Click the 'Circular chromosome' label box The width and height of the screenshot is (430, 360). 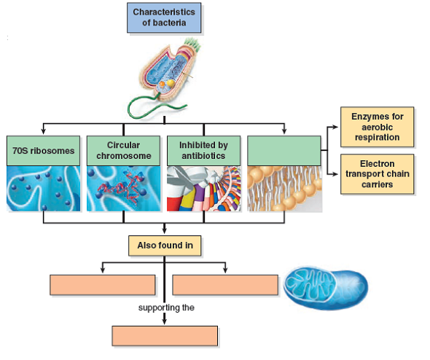[x=123, y=151]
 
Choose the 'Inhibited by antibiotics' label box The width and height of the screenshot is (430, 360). [x=203, y=151]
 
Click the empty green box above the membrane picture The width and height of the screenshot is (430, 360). [x=284, y=151]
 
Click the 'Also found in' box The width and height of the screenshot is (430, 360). [x=165, y=246]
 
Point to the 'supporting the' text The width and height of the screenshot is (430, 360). [x=166, y=308]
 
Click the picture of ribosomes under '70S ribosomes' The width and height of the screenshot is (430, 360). [x=43, y=189]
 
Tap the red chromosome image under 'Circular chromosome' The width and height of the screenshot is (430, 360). [x=123, y=189]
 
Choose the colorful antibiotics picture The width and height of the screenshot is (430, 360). [x=203, y=189]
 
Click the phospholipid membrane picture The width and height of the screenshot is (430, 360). [x=284, y=189]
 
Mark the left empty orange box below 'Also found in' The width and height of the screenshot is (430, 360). [x=103, y=284]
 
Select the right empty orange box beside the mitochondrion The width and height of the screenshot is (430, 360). [x=225, y=284]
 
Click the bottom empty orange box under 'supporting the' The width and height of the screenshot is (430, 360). [x=165, y=335]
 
